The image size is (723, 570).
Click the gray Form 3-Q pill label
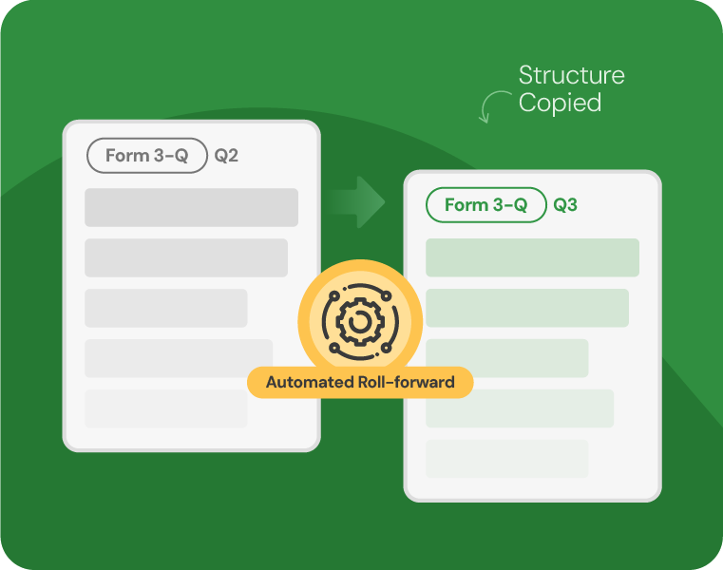click(147, 156)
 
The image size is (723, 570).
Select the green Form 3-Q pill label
click(486, 205)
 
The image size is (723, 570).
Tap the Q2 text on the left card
click(226, 156)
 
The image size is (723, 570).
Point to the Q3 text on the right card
click(565, 205)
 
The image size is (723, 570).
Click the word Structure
click(572, 75)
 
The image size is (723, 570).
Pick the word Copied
click(561, 103)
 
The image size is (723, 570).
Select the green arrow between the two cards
click(354, 202)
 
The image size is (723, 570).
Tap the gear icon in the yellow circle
click(360, 321)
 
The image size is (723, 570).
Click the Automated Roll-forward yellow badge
click(360, 382)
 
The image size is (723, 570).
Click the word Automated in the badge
click(310, 382)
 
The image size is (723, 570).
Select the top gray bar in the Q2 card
click(191, 207)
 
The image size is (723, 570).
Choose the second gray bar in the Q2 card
click(186, 257)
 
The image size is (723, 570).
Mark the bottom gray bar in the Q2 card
click(166, 408)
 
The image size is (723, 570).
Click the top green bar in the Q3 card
click(533, 257)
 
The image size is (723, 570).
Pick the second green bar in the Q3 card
click(527, 308)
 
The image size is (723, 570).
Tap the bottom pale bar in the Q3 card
click(507, 459)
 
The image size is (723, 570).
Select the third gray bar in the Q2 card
click(166, 308)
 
